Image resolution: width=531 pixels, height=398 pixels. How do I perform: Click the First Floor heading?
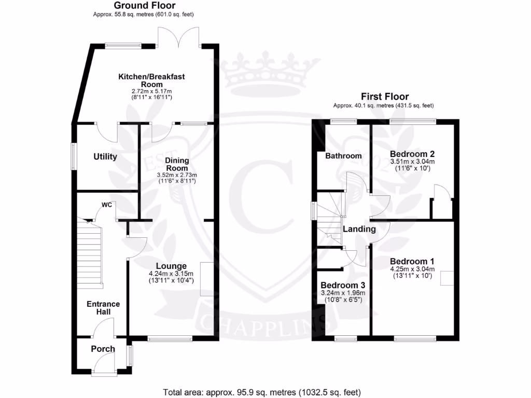point(385,96)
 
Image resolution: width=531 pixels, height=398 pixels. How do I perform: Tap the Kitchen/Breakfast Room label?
point(151,80)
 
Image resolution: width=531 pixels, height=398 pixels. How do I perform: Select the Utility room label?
point(105,157)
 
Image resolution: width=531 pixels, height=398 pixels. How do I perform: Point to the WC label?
point(107,205)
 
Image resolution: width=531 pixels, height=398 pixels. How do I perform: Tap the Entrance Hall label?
point(103,308)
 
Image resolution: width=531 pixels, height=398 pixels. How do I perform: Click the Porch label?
point(103,349)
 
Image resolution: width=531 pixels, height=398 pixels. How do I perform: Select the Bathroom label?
point(343,155)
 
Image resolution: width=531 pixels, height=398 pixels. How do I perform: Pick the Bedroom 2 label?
point(412,154)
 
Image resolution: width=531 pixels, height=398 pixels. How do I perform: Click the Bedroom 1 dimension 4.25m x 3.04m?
point(412,269)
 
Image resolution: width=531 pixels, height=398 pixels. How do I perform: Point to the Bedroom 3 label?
point(343,286)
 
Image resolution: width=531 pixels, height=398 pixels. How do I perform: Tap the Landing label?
point(359,229)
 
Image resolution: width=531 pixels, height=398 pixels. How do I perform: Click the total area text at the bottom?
point(262,392)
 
